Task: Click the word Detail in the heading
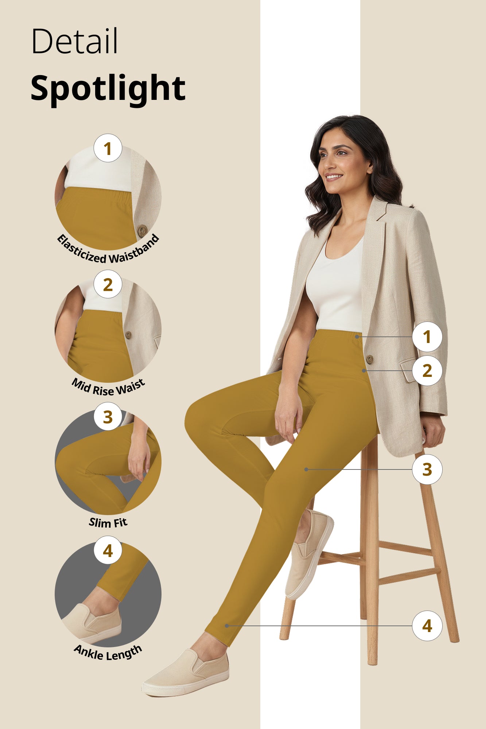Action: coord(75,41)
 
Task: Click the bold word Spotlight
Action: coord(108,89)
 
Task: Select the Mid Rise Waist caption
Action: coord(108,387)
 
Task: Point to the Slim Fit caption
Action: coord(108,522)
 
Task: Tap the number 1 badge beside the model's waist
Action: coord(427,337)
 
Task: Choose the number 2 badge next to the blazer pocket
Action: coord(427,371)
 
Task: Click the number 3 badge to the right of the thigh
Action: coord(427,469)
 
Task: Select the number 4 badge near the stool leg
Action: coord(427,626)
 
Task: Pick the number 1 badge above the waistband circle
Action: coord(108,148)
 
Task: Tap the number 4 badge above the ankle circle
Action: coord(108,551)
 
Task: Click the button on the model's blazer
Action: coord(369,359)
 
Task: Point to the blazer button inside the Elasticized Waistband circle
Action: coord(142,230)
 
